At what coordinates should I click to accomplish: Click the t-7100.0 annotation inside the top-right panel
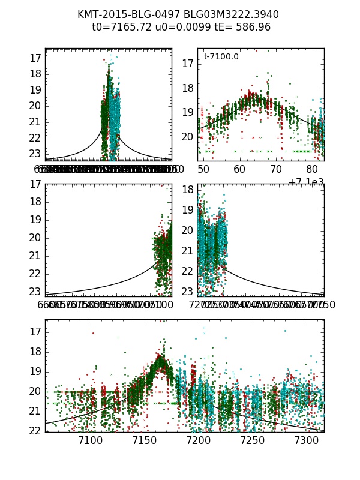pyautogui.click(x=221, y=56)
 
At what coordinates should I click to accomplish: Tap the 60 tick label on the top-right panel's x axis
pyautogui.click(x=240, y=170)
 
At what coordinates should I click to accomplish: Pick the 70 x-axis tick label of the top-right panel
pyautogui.click(x=277, y=170)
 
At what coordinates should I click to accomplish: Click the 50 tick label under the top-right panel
pyautogui.click(x=203, y=170)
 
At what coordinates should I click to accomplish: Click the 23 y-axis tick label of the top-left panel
pyautogui.click(x=35, y=154)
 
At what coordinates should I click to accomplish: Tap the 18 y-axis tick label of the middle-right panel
pyautogui.click(x=188, y=190)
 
